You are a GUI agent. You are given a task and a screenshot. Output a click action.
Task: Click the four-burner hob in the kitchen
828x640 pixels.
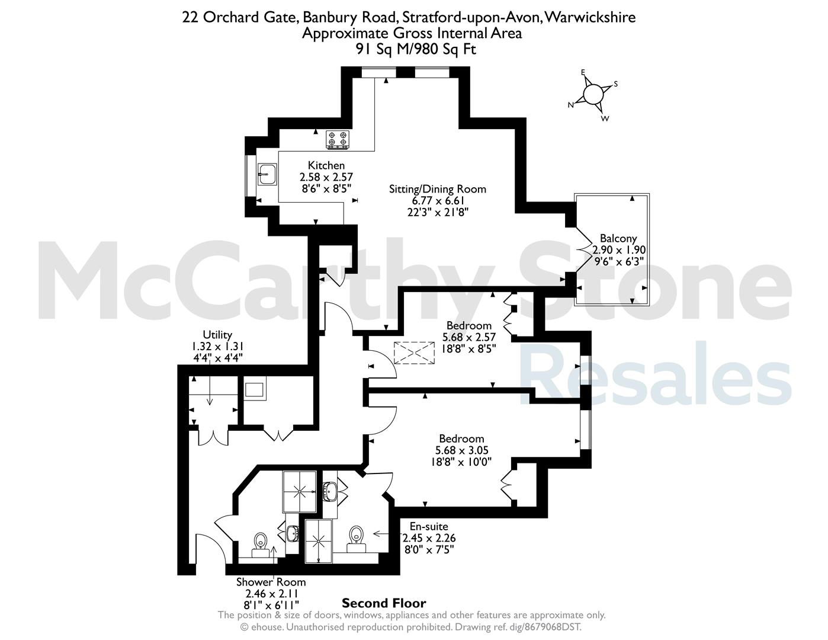click(338, 139)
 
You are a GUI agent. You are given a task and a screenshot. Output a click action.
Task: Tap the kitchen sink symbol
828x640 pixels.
click(267, 174)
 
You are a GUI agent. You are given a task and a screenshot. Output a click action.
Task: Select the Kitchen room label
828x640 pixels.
click(326, 165)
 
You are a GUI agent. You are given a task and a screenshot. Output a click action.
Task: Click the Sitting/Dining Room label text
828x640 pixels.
click(438, 189)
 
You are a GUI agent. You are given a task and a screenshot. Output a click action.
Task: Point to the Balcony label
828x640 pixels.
click(618, 239)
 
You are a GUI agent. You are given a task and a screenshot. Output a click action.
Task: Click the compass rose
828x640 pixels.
click(592, 94)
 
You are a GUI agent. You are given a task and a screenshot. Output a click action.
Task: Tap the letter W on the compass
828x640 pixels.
click(605, 119)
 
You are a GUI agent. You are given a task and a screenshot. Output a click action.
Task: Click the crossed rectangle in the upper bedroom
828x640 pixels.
click(414, 353)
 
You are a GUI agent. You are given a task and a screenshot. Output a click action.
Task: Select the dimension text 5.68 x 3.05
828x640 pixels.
click(461, 450)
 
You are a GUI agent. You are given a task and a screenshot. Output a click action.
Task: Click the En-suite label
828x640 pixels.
click(429, 526)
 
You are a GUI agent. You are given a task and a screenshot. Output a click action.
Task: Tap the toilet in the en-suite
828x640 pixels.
click(357, 539)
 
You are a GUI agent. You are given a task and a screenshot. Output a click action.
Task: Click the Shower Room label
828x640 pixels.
click(271, 582)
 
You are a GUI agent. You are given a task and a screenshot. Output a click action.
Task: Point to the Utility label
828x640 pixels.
click(217, 335)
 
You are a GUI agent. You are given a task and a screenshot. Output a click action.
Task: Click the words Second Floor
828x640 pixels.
click(384, 603)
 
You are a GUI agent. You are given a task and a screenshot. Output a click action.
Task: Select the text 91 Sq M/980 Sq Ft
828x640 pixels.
click(416, 50)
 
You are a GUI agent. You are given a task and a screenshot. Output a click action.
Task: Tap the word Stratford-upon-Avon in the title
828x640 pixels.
click(471, 18)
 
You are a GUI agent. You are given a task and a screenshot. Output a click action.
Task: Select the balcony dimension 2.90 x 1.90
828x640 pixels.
click(619, 250)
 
